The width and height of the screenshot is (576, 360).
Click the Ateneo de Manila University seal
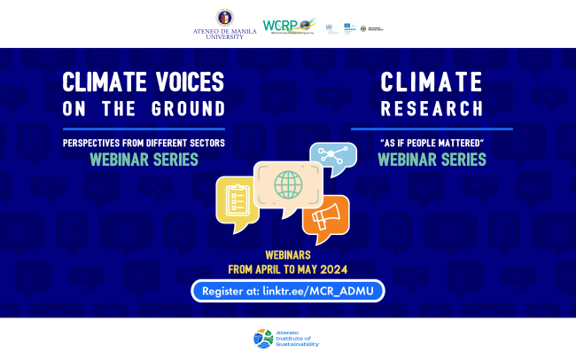click(225, 17)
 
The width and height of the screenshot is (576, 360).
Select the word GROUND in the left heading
click(192, 108)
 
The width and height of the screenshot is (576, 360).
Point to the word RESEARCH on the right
click(432, 108)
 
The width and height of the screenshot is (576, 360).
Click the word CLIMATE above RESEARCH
click(432, 82)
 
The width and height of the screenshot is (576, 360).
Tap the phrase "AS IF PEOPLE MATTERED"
click(432, 143)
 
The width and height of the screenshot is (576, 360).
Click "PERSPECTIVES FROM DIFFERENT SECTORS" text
click(144, 143)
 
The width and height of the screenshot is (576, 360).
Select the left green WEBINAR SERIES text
click(144, 160)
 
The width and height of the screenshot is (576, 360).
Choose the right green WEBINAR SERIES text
click(432, 160)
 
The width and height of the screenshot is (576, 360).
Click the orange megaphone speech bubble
click(325, 217)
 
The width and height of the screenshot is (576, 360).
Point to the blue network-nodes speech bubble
click(333, 157)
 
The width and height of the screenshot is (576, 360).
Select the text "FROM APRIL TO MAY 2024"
click(287, 269)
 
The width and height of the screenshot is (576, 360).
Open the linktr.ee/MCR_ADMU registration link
click(288, 290)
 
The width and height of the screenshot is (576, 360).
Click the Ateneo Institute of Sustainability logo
click(287, 338)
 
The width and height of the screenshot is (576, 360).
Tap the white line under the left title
click(144, 128)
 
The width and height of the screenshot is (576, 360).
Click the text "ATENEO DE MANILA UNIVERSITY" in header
click(225, 34)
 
